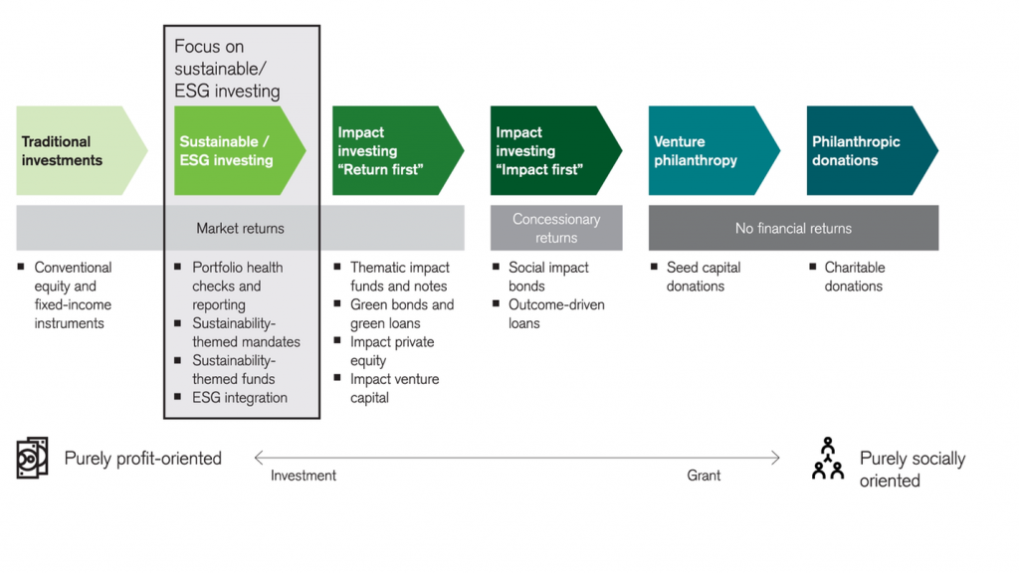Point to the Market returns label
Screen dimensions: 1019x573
point(241,228)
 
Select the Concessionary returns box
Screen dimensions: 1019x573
point(556,228)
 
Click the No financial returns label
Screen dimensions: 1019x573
point(793,228)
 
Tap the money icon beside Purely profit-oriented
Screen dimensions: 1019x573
point(32,458)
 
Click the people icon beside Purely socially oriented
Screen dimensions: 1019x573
point(828,458)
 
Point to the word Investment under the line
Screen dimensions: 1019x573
point(304,476)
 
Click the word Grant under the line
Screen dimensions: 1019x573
point(704,476)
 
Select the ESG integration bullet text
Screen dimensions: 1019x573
point(240,398)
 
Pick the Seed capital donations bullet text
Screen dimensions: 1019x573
point(704,277)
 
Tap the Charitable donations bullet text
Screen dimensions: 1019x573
point(855,277)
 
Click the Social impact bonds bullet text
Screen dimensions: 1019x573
point(548,277)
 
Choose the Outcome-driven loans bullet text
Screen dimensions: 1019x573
point(556,313)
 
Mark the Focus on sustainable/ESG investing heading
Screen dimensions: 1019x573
point(227,69)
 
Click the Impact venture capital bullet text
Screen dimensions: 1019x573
point(394,389)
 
